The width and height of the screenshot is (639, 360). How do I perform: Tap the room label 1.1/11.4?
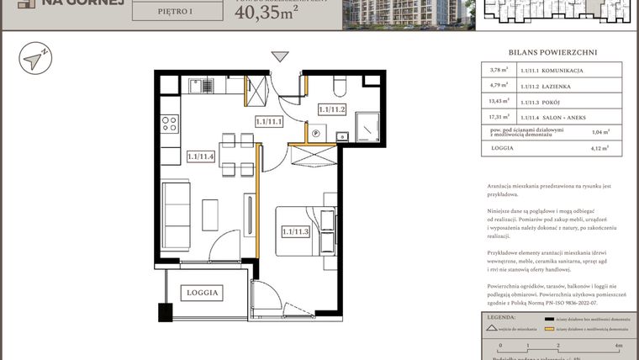pyautogui.click(x=201, y=156)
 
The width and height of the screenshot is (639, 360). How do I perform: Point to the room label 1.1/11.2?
pyautogui.click(x=333, y=109)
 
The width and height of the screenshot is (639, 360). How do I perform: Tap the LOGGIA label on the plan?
pyautogui.click(x=203, y=293)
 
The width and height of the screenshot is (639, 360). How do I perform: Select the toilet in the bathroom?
pyautogui.click(x=338, y=85)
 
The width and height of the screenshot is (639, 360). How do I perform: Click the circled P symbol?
pyautogui.click(x=316, y=133)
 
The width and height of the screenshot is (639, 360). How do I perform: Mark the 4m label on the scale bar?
pyautogui.click(x=619, y=345)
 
